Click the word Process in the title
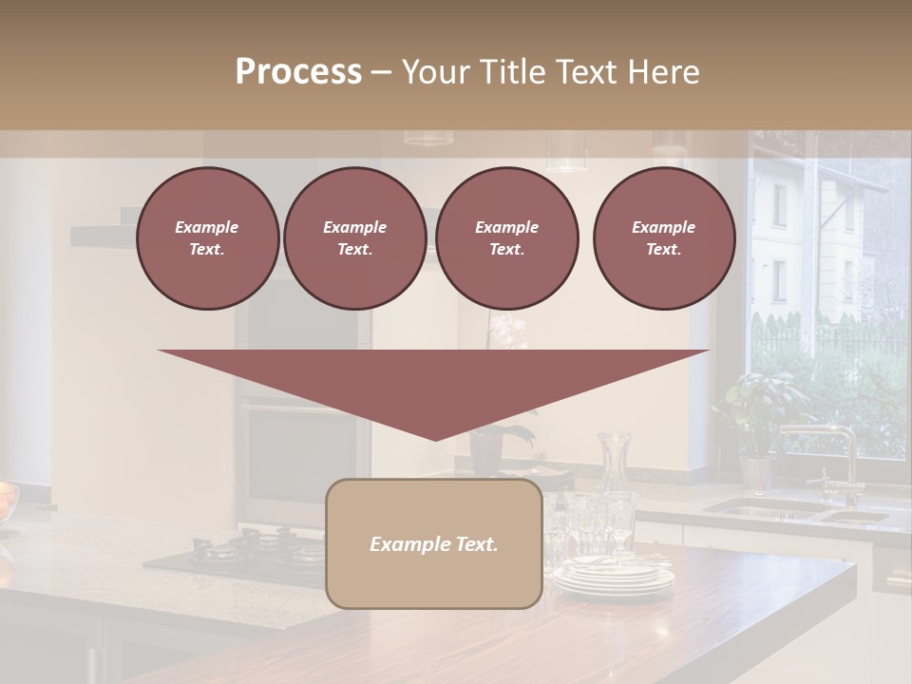(x=298, y=72)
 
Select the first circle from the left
(x=207, y=238)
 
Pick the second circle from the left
(x=354, y=238)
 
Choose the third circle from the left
(x=506, y=238)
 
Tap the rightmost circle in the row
(x=663, y=238)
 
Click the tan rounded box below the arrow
(x=434, y=543)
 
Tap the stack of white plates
(x=613, y=576)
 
